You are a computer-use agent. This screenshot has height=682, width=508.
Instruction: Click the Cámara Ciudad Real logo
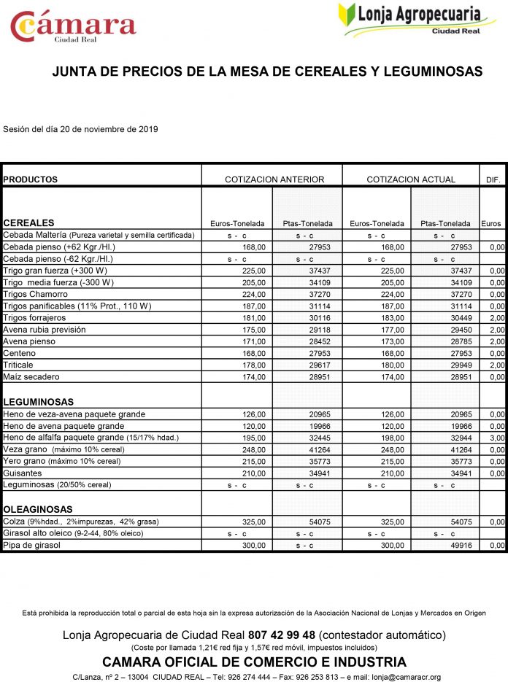pyautogui.click(x=72, y=26)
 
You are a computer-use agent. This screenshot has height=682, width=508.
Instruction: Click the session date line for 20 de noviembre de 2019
pyautogui.click(x=80, y=129)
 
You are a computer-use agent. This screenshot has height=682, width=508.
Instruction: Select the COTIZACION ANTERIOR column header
pyautogui.click(x=274, y=179)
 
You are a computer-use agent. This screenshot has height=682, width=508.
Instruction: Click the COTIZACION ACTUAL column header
pyautogui.click(x=411, y=179)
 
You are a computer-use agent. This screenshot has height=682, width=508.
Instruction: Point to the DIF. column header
pyautogui.click(x=493, y=179)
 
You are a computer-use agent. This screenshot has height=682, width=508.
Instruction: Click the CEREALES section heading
pyautogui.click(x=29, y=223)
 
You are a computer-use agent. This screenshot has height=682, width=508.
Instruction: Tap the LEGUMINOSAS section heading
pyautogui.click(x=38, y=402)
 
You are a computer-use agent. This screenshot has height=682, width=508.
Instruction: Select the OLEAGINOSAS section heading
pyautogui.click(x=37, y=509)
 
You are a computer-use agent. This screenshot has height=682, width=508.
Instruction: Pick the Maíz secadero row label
pyautogui.click(x=31, y=376)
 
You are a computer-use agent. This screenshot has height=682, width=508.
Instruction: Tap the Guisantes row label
pyautogui.click(x=23, y=473)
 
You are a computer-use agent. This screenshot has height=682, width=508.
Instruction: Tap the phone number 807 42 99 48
pyautogui.click(x=282, y=635)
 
